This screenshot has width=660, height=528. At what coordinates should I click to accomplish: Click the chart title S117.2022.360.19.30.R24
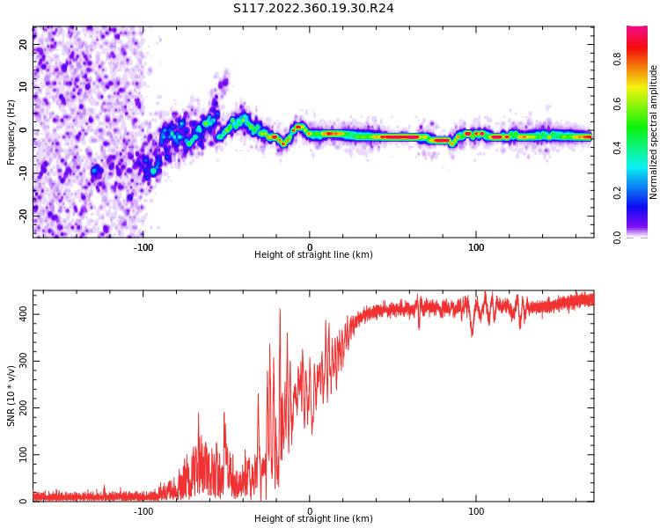pos(313,9)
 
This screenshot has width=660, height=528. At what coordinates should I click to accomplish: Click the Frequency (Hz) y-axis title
pos(11,131)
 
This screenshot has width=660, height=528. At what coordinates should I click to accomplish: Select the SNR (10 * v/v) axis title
pos(11,396)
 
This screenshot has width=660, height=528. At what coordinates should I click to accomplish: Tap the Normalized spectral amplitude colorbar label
pos(654,131)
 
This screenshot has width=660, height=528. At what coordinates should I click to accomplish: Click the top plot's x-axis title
pos(313,255)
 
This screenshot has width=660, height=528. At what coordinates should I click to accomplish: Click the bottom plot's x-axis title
pos(313,519)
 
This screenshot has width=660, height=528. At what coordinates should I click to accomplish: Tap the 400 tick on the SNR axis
pos(20,314)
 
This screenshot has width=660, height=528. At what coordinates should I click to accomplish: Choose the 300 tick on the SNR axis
pos(20,361)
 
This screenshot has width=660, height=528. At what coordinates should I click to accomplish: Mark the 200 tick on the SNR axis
pos(20,408)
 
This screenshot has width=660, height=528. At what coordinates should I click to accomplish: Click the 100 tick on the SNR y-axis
pos(20,455)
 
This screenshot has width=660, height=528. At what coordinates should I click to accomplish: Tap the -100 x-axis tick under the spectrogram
pos(143,247)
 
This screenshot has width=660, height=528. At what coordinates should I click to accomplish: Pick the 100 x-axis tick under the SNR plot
pos(476,511)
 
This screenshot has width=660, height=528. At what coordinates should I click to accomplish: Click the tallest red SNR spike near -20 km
pos(280,310)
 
